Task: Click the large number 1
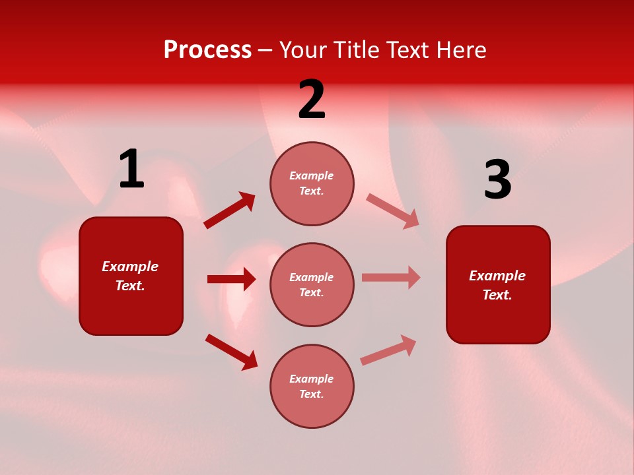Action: coord(131,170)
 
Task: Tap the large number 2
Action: coord(312,100)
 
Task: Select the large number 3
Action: coord(498,180)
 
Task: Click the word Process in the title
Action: coord(207,49)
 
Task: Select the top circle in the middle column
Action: coord(312,183)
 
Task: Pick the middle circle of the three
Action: coord(312,284)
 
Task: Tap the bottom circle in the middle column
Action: coord(312,386)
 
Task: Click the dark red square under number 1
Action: coord(131,276)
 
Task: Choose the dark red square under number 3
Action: coord(498,284)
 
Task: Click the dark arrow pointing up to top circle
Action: coord(230,210)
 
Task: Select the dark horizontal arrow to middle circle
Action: coord(231,279)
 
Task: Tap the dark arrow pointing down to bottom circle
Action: coord(231,352)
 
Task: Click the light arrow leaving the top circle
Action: coord(393,210)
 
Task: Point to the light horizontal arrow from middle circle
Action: coord(391,277)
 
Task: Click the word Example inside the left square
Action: coord(130,267)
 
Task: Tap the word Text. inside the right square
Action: coord(497,295)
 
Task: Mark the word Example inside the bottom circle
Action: coord(312,379)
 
